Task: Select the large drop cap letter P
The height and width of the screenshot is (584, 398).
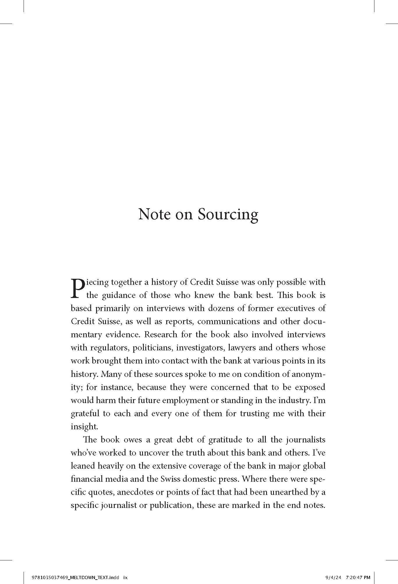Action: coord(78,289)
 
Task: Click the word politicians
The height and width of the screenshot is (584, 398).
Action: coord(153,348)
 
